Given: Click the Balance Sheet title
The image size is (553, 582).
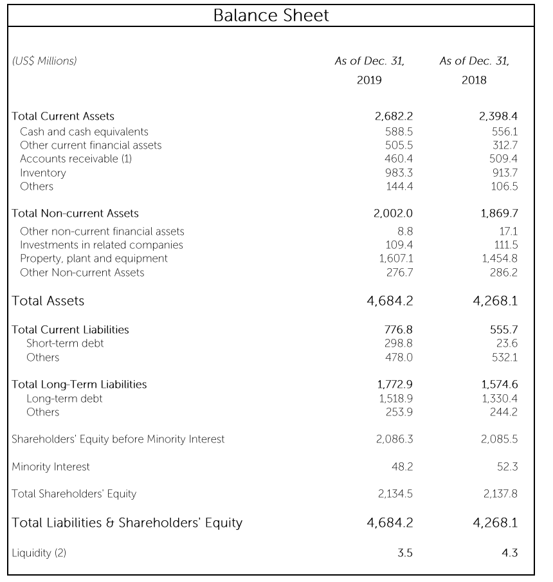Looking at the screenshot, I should [271, 15].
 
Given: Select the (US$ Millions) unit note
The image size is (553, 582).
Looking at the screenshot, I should [44, 61].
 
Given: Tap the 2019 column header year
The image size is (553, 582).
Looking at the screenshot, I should [369, 80].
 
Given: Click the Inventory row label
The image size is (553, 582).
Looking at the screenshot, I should [43, 173].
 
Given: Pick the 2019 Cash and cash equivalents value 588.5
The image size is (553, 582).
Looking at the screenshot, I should [398, 131].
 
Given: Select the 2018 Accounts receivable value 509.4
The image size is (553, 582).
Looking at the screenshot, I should [503, 159].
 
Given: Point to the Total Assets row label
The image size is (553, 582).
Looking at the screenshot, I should [48, 301].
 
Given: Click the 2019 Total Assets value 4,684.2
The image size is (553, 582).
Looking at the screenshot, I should [390, 301].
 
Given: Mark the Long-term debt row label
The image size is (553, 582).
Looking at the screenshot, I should [64, 399].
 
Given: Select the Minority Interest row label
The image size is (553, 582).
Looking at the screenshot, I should [51, 467].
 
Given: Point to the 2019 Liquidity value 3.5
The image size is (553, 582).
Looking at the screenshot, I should [404, 554].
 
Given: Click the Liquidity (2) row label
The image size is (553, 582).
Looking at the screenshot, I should [39, 554].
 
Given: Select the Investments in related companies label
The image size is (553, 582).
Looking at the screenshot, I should [102, 245].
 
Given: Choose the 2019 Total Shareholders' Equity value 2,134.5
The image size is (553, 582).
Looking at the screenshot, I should [394, 494].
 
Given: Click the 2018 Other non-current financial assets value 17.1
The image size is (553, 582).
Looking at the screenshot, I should [508, 232].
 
